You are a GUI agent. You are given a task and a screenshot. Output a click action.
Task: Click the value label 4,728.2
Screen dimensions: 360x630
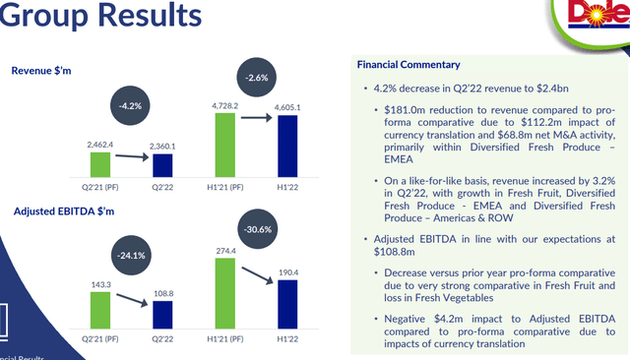point(223,103)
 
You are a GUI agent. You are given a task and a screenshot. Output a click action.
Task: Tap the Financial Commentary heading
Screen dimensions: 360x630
point(409,65)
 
